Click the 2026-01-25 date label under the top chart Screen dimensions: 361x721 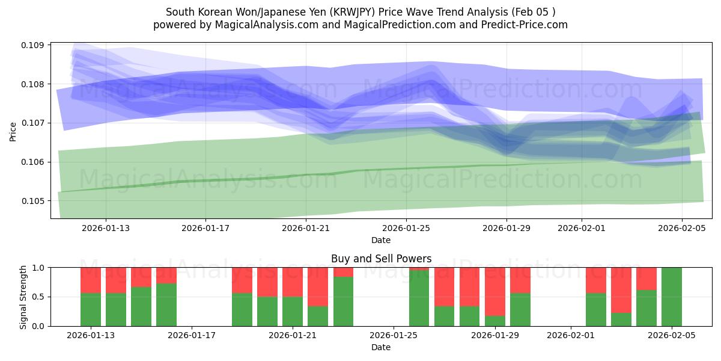[406, 228]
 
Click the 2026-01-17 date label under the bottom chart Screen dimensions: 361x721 [192, 336]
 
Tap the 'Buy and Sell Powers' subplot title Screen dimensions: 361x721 [381, 259]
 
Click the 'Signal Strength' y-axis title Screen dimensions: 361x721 [23, 297]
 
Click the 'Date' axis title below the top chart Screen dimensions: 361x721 [381, 240]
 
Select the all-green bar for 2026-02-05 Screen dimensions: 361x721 [672, 297]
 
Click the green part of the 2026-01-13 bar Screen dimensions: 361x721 [91, 310]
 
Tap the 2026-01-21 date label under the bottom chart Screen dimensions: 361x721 [293, 336]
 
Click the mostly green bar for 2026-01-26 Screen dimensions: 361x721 [419, 299]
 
